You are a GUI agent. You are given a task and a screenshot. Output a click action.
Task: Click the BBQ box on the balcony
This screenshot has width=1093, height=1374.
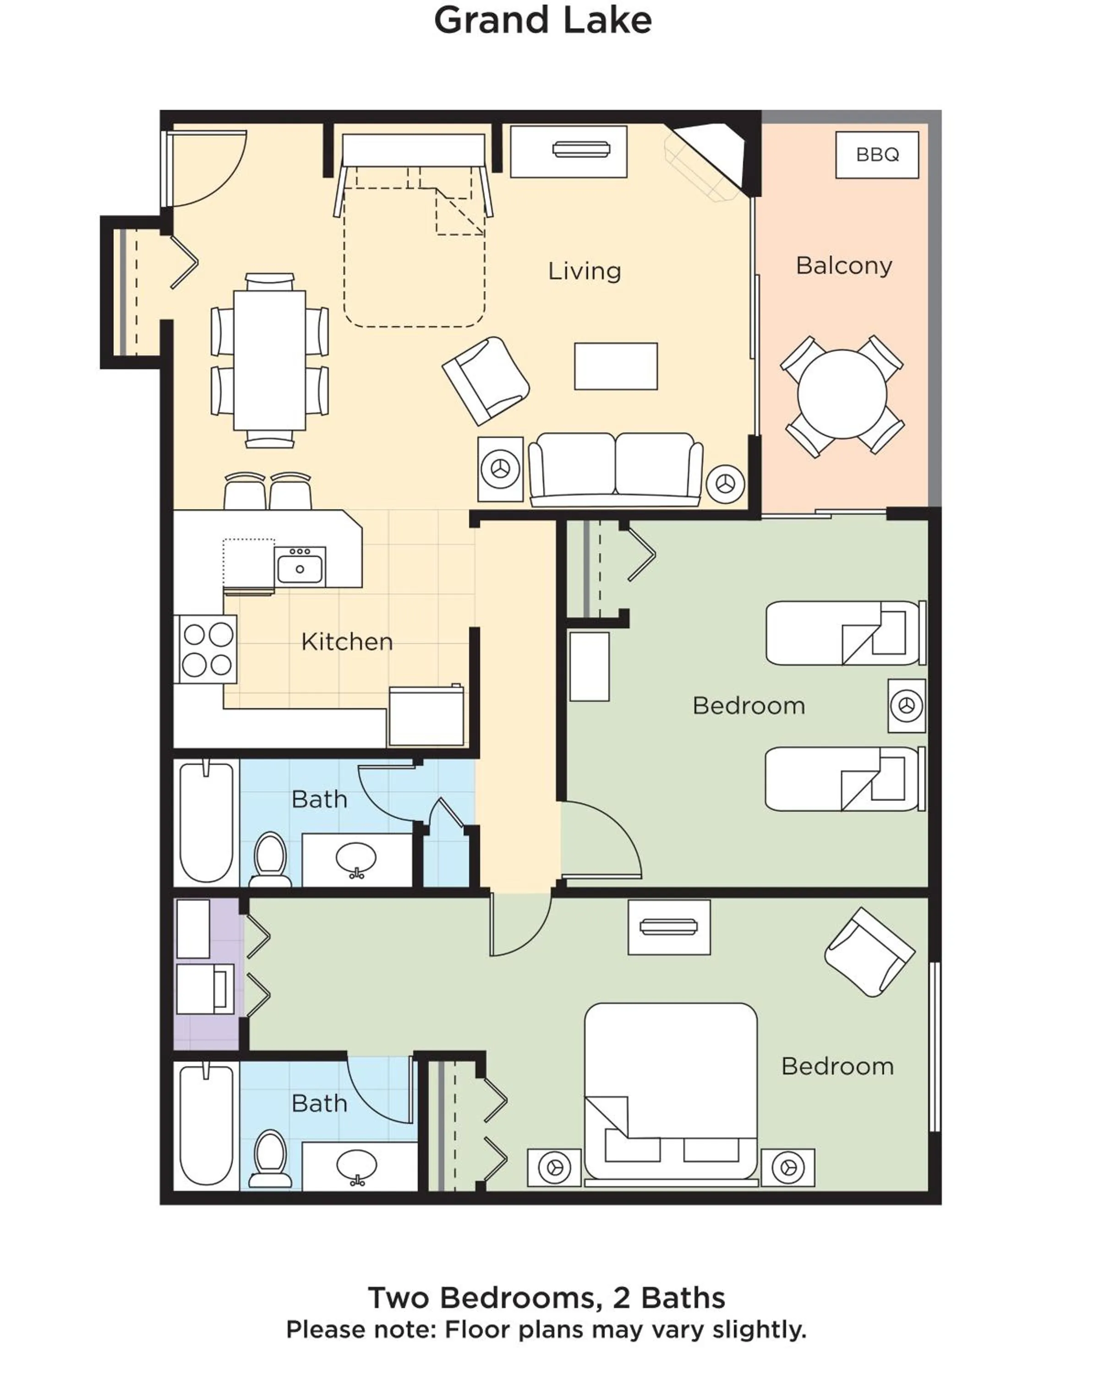[x=876, y=154]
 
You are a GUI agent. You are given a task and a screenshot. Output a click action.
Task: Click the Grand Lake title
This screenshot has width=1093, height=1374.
[x=542, y=21]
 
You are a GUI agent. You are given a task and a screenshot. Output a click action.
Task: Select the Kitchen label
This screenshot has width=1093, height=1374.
[x=347, y=641]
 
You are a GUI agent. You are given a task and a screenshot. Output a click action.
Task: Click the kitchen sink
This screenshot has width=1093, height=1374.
[x=300, y=567]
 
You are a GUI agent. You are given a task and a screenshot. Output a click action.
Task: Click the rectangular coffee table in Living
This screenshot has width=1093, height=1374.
[x=615, y=366]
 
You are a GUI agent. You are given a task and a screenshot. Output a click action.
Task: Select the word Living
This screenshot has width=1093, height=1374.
[x=584, y=271]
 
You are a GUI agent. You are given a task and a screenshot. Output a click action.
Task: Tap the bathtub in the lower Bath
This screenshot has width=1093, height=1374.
[x=206, y=1126]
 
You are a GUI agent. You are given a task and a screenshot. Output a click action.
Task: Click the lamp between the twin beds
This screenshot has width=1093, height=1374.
[x=906, y=705]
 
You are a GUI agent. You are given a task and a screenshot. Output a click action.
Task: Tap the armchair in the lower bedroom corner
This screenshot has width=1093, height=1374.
[x=869, y=952]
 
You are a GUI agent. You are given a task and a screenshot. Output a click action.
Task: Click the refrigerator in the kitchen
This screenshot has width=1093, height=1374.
[x=426, y=716]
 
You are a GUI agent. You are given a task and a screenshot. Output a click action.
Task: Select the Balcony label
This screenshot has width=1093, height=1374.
[x=843, y=265]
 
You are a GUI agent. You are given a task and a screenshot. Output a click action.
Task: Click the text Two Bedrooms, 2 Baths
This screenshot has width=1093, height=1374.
[x=546, y=1298]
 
